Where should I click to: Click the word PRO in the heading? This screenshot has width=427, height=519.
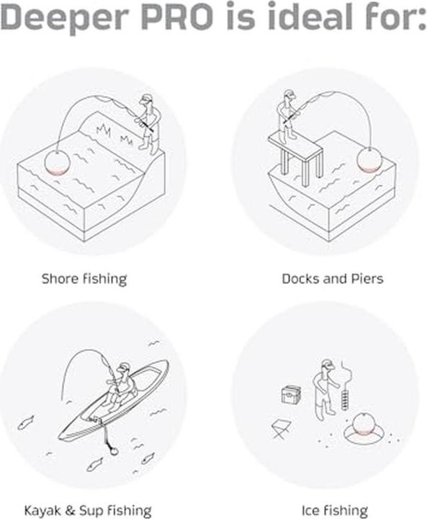(177, 16)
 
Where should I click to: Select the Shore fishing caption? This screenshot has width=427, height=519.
(84, 279)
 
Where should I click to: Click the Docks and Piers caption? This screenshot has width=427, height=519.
(333, 279)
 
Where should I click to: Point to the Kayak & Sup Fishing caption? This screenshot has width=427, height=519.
(88, 511)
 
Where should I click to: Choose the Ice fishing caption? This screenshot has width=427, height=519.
(334, 511)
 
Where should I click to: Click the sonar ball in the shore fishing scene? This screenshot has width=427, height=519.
(57, 162)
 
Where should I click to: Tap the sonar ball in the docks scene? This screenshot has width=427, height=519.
(369, 159)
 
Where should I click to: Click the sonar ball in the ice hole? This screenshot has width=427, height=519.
(363, 425)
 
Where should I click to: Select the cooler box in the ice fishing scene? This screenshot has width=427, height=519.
(291, 394)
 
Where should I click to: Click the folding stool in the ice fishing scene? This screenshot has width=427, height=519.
(281, 429)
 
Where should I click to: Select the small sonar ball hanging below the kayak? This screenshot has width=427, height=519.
(113, 451)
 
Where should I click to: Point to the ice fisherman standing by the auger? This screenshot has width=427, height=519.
(325, 390)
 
